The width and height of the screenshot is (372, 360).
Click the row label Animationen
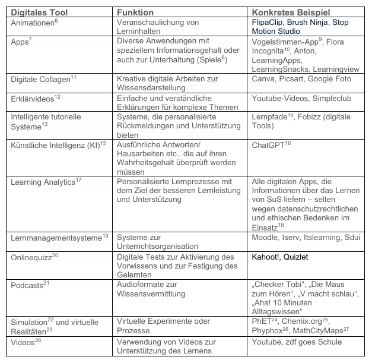click(33, 22)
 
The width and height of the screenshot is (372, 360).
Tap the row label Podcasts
click(27, 285)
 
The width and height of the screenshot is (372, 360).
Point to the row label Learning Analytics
click(42, 182)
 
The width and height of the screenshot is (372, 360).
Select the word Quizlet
click(295, 257)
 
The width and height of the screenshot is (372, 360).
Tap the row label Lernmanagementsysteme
click(55, 238)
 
